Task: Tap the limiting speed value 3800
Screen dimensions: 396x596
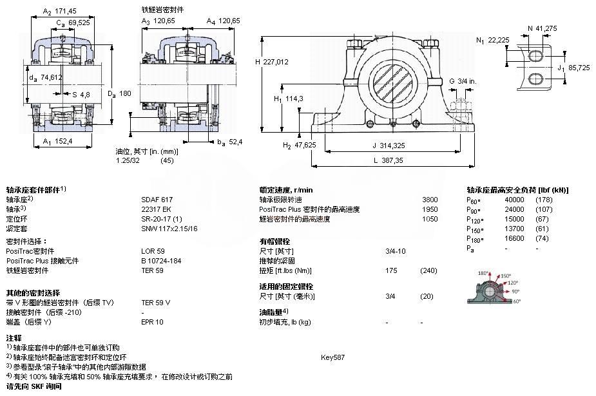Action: (429, 200)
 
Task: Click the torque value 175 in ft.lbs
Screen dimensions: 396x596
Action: (390, 270)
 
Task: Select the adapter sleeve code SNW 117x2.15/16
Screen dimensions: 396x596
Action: (169, 229)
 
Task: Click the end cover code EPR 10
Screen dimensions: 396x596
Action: (153, 321)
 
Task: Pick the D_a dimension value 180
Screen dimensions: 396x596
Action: (125, 94)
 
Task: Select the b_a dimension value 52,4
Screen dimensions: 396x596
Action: (234, 142)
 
